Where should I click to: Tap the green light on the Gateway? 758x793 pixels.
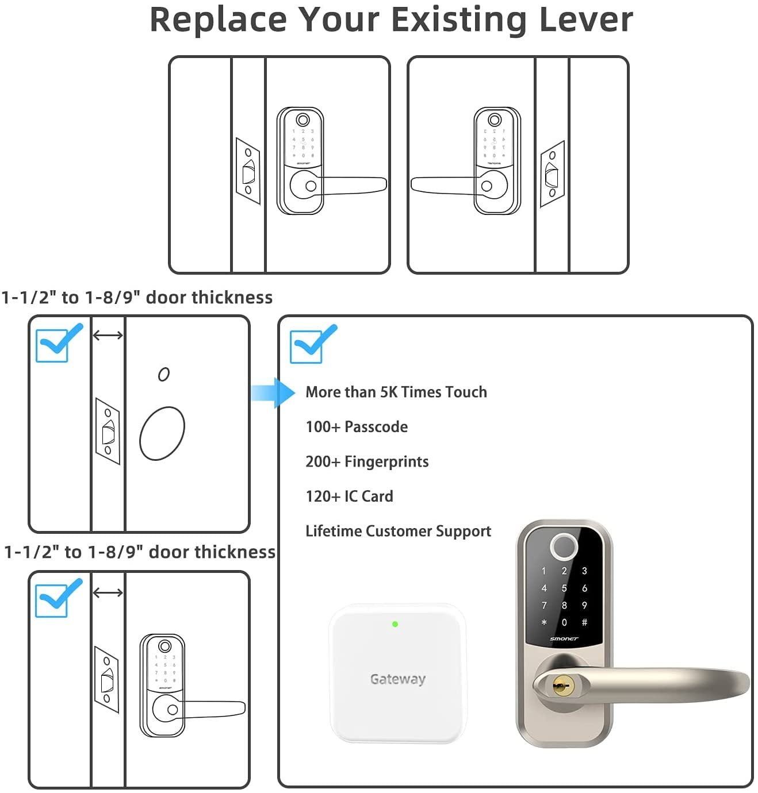395,624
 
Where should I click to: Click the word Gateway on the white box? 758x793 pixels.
398,679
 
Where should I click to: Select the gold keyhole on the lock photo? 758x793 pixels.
558,686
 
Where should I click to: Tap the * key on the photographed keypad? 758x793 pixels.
544,623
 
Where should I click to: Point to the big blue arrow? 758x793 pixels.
274,393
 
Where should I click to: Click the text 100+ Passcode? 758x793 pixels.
357,427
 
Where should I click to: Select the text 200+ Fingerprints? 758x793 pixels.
367,462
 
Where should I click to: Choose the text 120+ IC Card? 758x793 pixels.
349,496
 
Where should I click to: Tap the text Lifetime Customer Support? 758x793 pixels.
398,532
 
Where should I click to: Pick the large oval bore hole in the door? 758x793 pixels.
162,433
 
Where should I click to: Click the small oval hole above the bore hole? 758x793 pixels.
164,375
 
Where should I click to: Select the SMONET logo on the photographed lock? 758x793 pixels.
564,638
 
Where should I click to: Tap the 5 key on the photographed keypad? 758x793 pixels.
564,588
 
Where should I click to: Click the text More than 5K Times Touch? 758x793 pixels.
396,392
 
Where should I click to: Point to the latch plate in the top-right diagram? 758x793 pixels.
552,174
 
